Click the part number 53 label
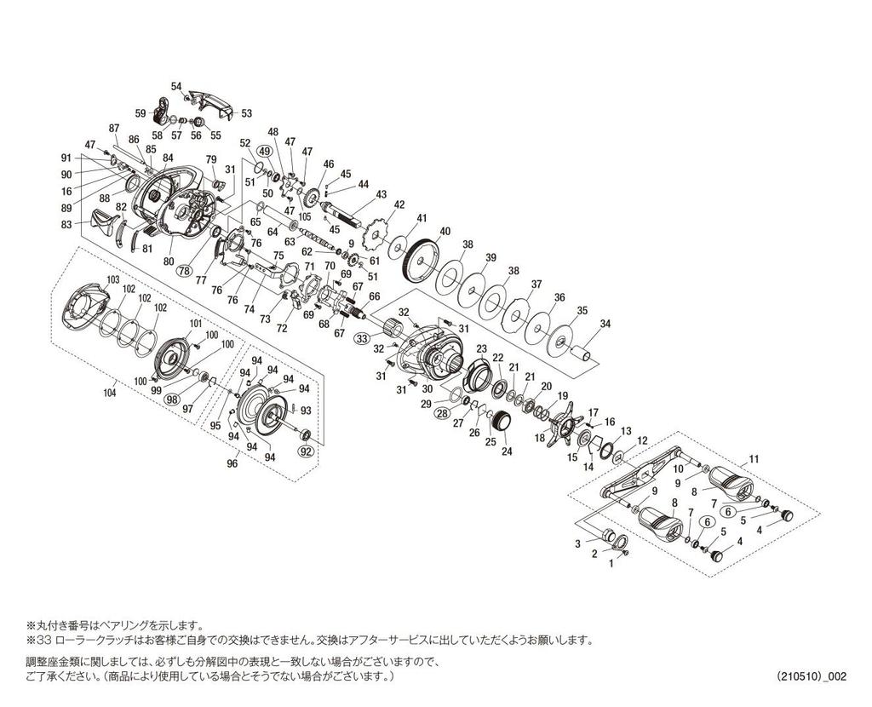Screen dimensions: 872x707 pos(246,113)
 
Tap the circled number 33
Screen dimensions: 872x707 pos(362,338)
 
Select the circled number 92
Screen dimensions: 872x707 pos(306,451)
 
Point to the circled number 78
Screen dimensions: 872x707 pos(185,271)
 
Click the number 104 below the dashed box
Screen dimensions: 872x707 pos(110,394)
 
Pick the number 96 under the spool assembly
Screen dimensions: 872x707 pos(232,463)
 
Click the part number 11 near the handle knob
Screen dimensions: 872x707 pos(754,459)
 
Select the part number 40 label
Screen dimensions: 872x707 pos(445,232)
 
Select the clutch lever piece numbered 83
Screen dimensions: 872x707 pos(105,222)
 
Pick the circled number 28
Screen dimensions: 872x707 pos(442,413)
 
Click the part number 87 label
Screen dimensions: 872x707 pos(114,128)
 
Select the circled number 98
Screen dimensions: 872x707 pos(173,399)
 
